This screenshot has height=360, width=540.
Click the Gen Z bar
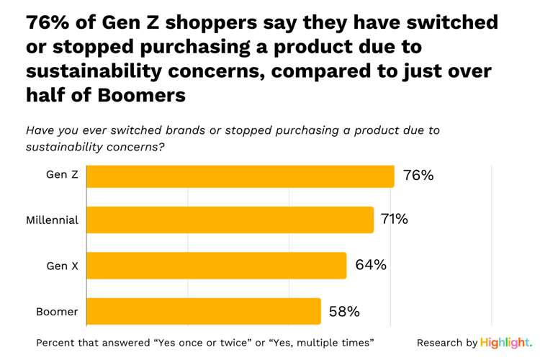[x=240, y=176]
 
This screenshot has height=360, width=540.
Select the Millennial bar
[x=230, y=220]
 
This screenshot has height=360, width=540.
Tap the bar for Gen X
[x=216, y=265]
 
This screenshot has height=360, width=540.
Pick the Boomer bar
[x=203, y=311]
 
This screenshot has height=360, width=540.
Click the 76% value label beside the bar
[x=418, y=176]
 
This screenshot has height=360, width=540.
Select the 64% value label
[x=371, y=265]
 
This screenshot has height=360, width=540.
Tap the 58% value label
[x=344, y=311]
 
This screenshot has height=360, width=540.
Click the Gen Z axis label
[x=62, y=176]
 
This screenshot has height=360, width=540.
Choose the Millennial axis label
[x=52, y=220]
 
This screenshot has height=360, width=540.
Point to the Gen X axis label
[x=62, y=266]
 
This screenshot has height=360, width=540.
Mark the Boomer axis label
[x=57, y=312]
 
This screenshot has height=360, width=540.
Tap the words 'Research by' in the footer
[x=446, y=343]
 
